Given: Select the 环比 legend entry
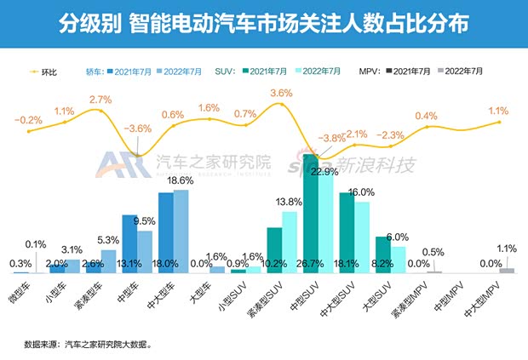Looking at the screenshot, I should [44, 71].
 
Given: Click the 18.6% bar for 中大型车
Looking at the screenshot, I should [181, 230].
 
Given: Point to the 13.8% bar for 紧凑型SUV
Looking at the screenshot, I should [289, 242].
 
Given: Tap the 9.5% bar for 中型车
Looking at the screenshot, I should [145, 251].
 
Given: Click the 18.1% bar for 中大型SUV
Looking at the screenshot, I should [347, 231].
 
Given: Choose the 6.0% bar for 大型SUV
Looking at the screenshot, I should [399, 259].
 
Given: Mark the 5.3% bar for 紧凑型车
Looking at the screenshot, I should [108, 260].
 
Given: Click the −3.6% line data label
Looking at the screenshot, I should [137, 129].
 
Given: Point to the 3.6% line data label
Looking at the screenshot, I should [281, 92].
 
